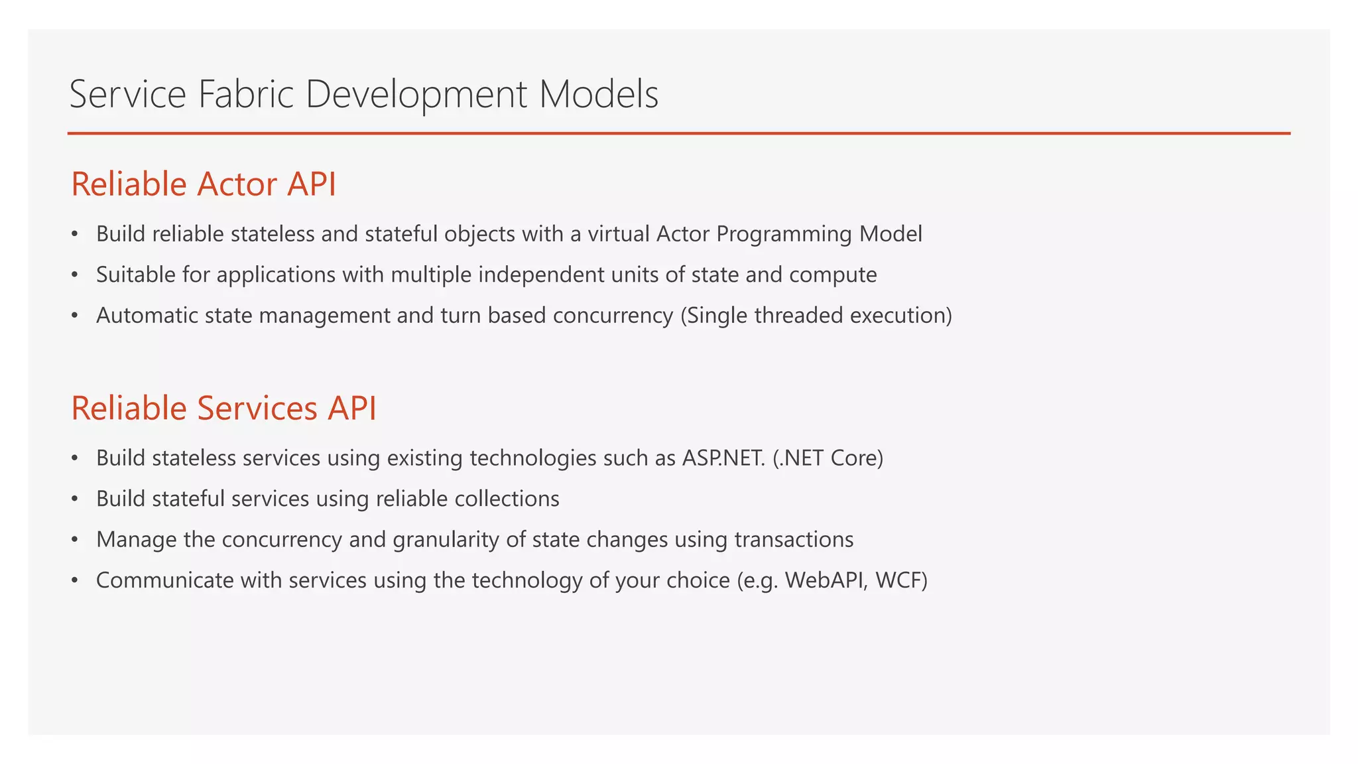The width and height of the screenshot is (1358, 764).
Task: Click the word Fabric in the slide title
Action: [245, 94]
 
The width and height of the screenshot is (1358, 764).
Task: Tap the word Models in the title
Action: [598, 94]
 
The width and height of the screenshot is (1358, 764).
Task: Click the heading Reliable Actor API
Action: [204, 184]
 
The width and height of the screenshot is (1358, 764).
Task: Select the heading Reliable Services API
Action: [223, 408]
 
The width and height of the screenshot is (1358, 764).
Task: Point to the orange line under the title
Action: [678, 133]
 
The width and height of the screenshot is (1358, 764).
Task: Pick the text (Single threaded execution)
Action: [816, 316]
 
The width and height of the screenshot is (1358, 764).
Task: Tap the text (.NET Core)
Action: [828, 458]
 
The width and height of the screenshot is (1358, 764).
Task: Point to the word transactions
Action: [794, 540]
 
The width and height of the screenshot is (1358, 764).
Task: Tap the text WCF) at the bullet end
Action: [901, 580]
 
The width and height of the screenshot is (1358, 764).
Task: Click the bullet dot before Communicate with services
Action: [75, 581]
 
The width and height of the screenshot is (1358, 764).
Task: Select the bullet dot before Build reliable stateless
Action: [75, 234]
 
